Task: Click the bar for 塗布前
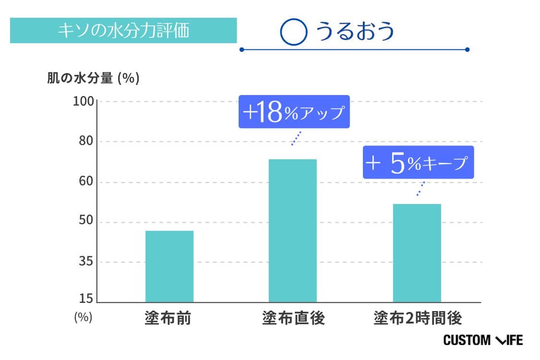tap(169, 266)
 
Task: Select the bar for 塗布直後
tap(292, 230)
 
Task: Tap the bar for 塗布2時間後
tap(417, 253)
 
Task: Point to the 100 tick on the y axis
tap(84, 102)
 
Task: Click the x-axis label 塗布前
tap(168, 318)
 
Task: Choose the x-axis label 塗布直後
tap(293, 318)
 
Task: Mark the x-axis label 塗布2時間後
tap(418, 318)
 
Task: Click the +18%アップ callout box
tap(294, 112)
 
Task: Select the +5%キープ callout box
tap(418, 163)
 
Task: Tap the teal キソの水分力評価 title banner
tap(123, 31)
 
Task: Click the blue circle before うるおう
tap(293, 32)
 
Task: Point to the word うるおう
tap(355, 31)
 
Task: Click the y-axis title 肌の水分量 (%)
tap(93, 78)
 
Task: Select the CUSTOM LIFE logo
tap(483, 340)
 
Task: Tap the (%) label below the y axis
tap(83, 317)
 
